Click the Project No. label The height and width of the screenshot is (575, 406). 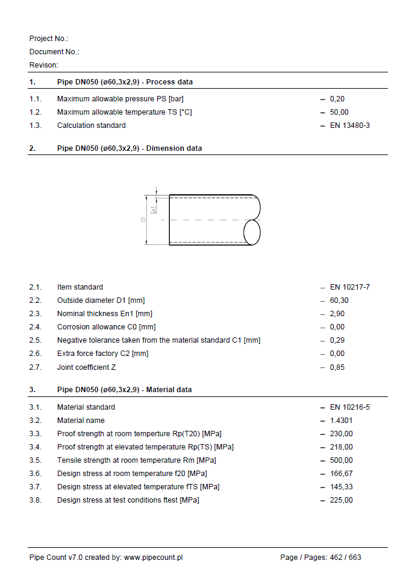point(49,39)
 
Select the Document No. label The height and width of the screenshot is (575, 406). point(54,52)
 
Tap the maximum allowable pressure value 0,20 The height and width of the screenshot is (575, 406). point(337,99)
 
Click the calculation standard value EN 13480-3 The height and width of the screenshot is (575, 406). point(349,125)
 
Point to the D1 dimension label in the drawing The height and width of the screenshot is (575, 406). point(143,220)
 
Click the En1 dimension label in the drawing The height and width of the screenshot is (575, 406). point(154,209)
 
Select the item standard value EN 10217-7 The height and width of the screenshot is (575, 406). point(349,287)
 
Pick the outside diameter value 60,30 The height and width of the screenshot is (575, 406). point(339,300)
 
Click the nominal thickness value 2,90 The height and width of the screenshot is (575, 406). point(337,314)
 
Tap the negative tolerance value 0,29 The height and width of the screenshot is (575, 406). point(337,340)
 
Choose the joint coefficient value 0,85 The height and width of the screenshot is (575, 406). point(337,367)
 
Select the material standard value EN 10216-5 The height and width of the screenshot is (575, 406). point(349,407)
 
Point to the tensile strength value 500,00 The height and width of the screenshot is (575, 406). point(342,460)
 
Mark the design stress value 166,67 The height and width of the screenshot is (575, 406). point(342,474)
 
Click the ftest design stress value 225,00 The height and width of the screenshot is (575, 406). point(342,500)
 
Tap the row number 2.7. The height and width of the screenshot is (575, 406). point(36,367)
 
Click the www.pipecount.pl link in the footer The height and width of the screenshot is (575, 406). point(153,558)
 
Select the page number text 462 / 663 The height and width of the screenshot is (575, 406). point(345,558)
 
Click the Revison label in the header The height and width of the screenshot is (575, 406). point(44,65)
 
